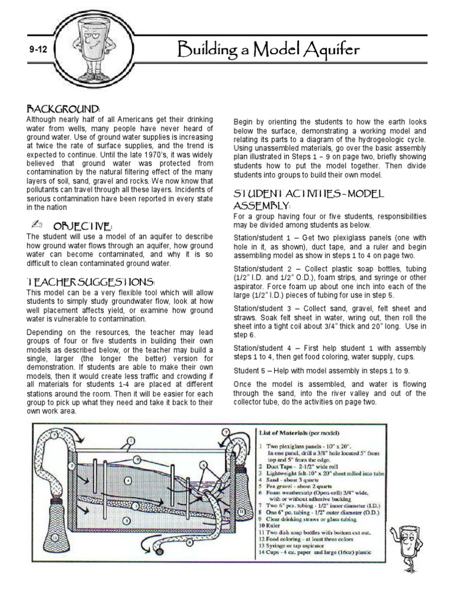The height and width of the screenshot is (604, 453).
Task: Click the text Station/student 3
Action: click(x=261, y=308)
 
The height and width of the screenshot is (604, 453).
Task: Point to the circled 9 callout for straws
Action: click(x=137, y=458)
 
